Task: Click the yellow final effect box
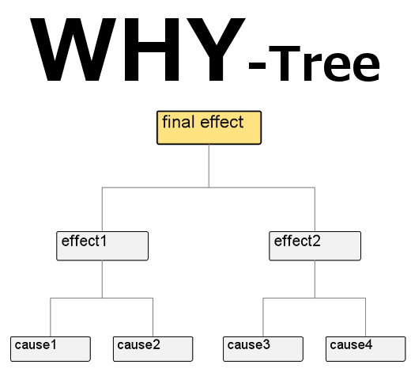(209, 127)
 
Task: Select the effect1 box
(102, 246)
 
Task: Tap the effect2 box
(315, 246)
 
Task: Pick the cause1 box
(51, 349)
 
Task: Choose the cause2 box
(153, 349)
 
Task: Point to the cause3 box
(263, 349)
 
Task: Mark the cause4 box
(365, 349)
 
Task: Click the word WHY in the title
(138, 49)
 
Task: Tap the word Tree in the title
(324, 63)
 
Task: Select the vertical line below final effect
(209, 166)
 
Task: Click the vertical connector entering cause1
(51, 317)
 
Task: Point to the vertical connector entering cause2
(153, 317)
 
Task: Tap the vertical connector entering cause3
(263, 317)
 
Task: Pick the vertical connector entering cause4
(365, 317)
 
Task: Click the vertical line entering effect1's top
(102, 210)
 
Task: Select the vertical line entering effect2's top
(315, 210)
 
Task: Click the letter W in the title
(73, 49)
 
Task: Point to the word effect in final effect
(222, 122)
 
